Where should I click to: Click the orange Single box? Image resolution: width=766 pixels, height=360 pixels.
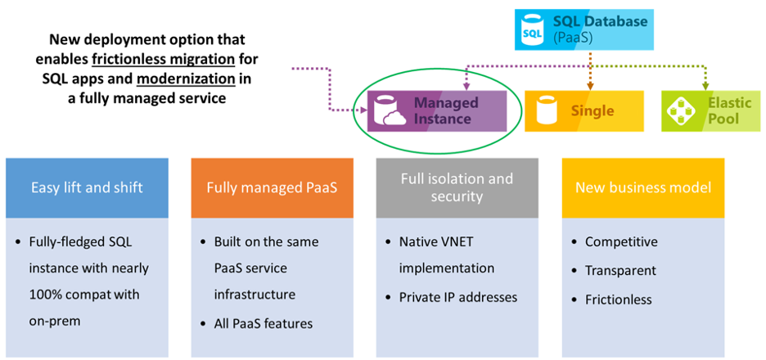pyautogui.click(x=580, y=110)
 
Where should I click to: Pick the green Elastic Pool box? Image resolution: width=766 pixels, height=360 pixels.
pyautogui.click(x=710, y=110)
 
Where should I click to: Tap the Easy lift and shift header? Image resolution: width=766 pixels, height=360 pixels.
pyautogui.click(x=87, y=187)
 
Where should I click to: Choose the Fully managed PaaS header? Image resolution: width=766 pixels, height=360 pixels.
pyautogui.click(x=272, y=187)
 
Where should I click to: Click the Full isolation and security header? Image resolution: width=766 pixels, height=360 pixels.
pyautogui.click(x=457, y=187)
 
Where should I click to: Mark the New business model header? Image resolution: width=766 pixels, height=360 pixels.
pyautogui.click(x=642, y=187)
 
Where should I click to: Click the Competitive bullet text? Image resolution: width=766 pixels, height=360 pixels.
pyautogui.click(x=621, y=241)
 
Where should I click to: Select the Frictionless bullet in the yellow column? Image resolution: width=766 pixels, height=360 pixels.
pyautogui.click(x=618, y=299)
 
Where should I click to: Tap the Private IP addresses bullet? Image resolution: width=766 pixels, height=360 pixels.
pyautogui.click(x=458, y=296)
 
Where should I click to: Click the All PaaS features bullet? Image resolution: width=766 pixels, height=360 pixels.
pyautogui.click(x=264, y=323)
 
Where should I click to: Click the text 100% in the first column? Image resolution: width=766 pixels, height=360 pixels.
pyautogui.click(x=47, y=294)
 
